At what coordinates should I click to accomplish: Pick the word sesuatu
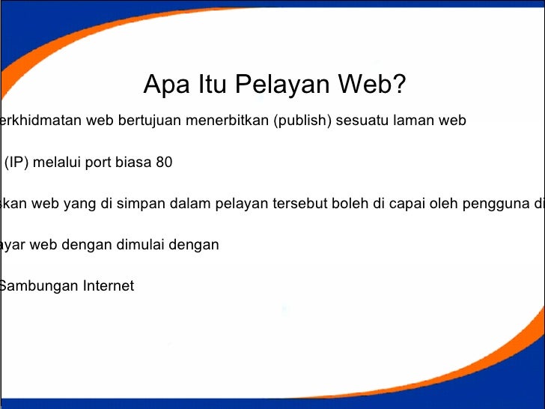click(x=365, y=121)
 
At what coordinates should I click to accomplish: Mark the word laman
click(x=418, y=121)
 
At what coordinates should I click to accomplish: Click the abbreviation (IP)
click(x=17, y=162)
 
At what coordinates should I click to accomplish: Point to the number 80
click(x=163, y=162)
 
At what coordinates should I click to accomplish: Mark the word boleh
click(x=347, y=203)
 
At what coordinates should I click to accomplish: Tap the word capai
click(x=407, y=203)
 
